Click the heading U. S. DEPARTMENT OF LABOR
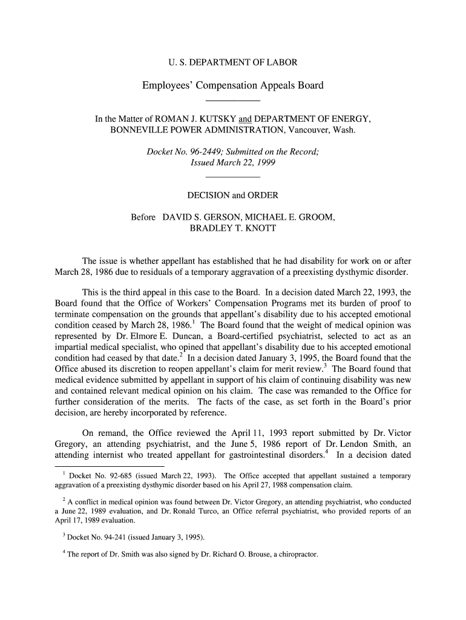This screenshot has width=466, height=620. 232,62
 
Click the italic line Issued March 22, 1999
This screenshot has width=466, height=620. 232,163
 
